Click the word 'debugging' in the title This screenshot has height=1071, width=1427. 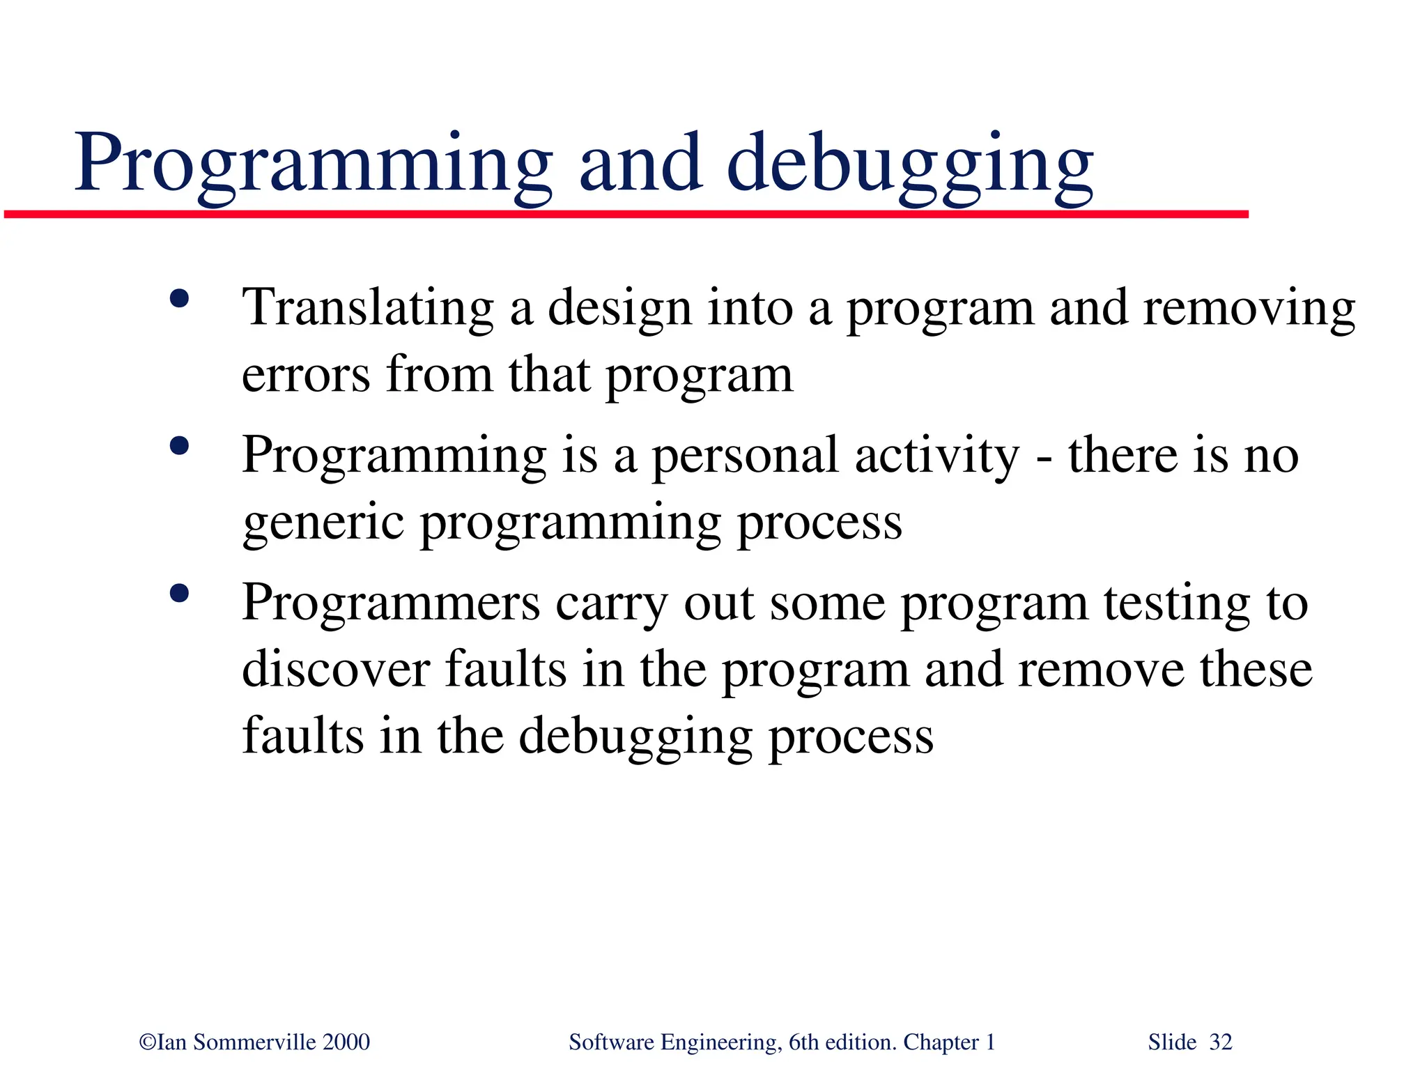[909, 165]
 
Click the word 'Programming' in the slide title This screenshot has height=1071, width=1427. [314, 165]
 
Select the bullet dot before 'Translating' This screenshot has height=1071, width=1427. [179, 300]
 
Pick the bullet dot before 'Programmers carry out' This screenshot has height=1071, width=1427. [179, 594]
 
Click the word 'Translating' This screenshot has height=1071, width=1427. [367, 308]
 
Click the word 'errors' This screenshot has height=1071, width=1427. [305, 375]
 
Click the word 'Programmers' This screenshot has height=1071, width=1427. [390, 603]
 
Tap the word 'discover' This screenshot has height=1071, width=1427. [336, 669]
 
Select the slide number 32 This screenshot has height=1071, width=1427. [1220, 1042]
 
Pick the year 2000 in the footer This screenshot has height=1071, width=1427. [346, 1042]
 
